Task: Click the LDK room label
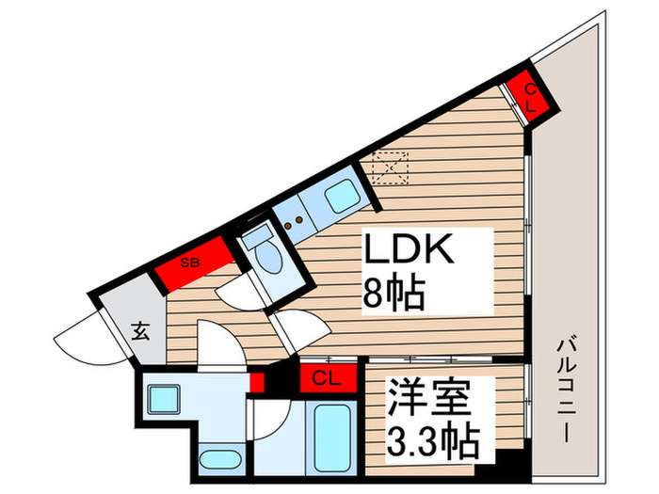point(410,252)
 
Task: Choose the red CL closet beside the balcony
point(528,96)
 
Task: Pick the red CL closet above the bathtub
point(325,379)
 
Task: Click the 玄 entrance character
point(139,331)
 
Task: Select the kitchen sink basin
point(339,199)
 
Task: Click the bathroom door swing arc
point(266,414)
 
